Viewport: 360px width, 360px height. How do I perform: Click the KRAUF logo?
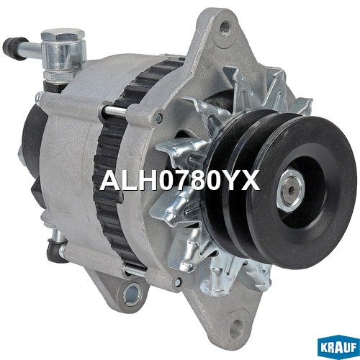pos(338,347)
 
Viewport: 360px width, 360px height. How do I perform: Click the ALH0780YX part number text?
pos(179,180)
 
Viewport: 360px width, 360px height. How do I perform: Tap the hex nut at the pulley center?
pos(291,191)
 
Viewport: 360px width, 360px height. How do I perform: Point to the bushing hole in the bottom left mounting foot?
pos(132,294)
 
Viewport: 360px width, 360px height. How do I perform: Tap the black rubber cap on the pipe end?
pos(14,48)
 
